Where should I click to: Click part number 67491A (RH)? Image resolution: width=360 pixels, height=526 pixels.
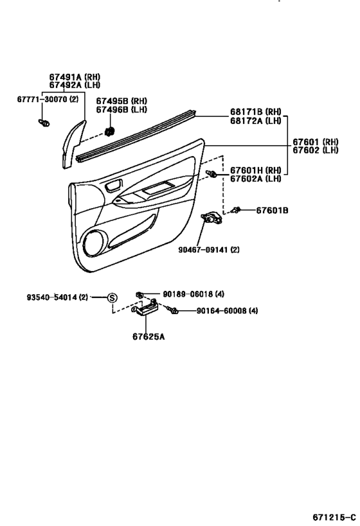[x=75, y=77]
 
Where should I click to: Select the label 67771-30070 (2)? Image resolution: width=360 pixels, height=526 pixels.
[x=48, y=100]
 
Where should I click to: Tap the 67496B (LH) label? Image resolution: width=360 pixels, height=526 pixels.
[x=122, y=110]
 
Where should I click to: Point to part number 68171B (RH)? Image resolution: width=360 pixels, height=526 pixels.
[x=256, y=112]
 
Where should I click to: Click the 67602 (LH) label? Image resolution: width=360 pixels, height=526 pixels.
[x=316, y=150]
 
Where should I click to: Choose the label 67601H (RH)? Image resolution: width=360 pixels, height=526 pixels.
[x=256, y=170]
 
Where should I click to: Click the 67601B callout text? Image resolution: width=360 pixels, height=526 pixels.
[x=272, y=211]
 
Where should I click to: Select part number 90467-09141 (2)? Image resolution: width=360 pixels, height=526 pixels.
[x=209, y=250]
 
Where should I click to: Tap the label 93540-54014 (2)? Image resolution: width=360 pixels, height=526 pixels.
[x=57, y=297]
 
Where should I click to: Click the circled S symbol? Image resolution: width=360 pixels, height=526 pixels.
[x=113, y=297]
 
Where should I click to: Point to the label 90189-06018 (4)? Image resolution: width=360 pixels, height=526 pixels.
[x=194, y=294]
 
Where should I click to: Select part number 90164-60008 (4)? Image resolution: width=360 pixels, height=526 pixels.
[x=227, y=311]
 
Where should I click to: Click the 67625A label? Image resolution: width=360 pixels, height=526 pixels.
[x=148, y=337]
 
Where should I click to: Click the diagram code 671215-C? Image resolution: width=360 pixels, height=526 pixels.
[x=334, y=517]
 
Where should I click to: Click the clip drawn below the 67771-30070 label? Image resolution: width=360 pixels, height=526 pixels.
[x=44, y=123]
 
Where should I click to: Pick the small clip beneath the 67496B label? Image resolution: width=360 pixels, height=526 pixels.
[x=109, y=132]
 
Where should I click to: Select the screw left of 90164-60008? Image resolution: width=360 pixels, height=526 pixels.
[x=174, y=310]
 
